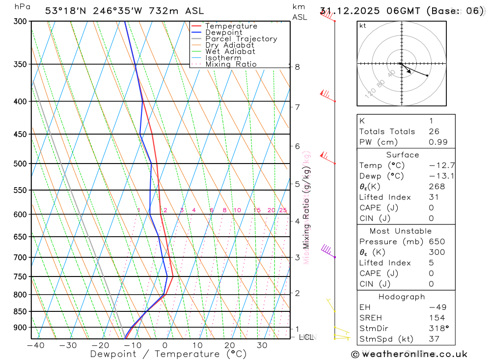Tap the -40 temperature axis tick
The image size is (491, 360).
[35, 345]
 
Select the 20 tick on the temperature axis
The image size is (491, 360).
[230, 345]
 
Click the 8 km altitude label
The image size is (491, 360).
[298, 67]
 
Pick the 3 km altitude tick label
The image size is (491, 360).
[298, 257]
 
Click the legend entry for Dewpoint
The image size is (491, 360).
[223, 32]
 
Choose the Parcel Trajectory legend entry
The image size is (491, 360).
[241, 39]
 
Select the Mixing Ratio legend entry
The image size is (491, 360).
[231, 64]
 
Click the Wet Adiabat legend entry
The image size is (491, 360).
[230, 52]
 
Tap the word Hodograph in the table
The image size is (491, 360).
[402, 297]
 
